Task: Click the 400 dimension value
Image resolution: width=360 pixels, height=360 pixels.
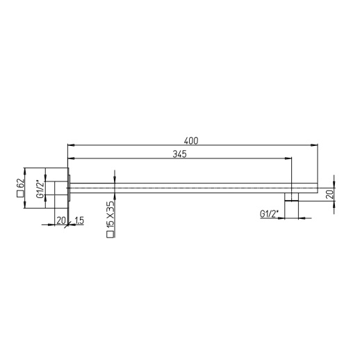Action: (x=192, y=140)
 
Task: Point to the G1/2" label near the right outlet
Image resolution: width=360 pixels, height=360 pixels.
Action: (x=270, y=215)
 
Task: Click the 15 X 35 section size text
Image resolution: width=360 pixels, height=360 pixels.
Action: (x=109, y=216)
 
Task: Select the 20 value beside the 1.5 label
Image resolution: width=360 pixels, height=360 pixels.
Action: (x=60, y=220)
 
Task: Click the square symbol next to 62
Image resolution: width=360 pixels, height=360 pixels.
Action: (x=21, y=197)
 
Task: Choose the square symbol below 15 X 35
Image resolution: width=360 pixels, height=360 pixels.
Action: (x=109, y=236)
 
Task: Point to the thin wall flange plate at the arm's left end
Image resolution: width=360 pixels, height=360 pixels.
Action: (x=69, y=188)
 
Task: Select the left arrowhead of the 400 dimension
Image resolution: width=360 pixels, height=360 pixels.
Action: (x=69, y=145)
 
